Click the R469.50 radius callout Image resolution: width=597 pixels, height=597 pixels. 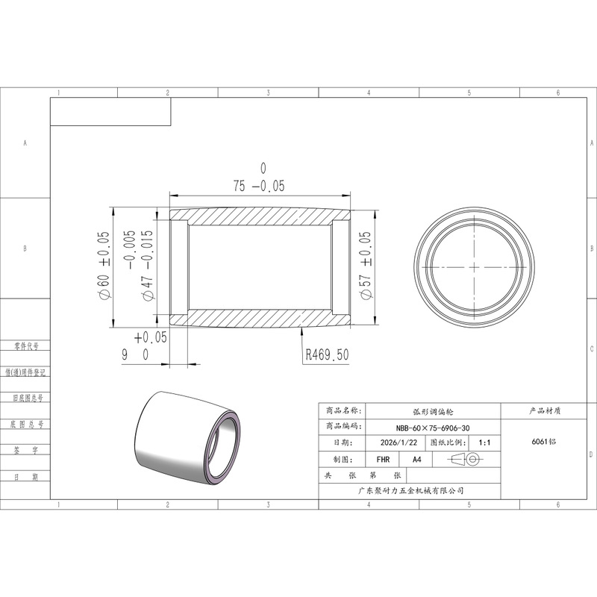pos(328,355)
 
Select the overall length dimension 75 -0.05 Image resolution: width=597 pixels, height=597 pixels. pos(259,186)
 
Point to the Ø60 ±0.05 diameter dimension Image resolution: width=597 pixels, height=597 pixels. pos(104,266)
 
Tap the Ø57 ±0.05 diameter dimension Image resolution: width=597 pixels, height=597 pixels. pos(365,266)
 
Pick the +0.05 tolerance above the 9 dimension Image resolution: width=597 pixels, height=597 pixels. pos(151,337)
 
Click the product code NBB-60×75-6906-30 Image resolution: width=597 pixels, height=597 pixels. pos(433,428)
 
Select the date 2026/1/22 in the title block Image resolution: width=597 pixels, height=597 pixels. pos(398,443)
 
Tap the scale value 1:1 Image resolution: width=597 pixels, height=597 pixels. pos(484,443)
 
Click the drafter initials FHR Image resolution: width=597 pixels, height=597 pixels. pos(383,460)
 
